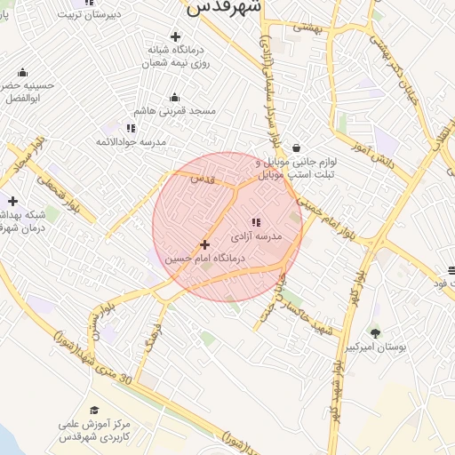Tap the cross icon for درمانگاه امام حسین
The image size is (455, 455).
tap(205, 243)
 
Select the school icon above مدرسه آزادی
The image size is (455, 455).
tap(256, 222)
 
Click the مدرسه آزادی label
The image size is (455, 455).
tap(256, 237)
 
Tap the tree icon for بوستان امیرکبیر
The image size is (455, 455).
tap(375, 333)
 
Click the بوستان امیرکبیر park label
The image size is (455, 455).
tap(376, 347)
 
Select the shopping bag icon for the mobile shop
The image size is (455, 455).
tap(295, 148)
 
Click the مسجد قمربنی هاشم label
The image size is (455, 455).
tap(175, 111)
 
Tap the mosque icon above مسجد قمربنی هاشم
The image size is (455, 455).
tap(175, 98)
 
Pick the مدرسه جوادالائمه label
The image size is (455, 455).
tap(132, 141)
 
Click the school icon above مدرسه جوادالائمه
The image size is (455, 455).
tap(132, 128)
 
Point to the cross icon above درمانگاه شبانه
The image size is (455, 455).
tap(175, 36)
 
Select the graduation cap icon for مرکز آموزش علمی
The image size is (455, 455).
tap(94, 410)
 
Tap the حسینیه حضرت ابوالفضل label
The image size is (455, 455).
tap(27, 92)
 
